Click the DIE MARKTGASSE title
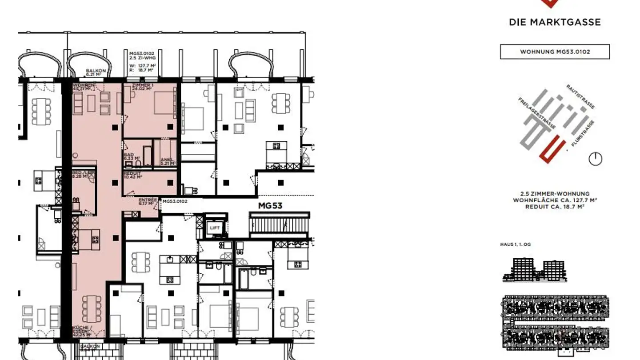(555, 22)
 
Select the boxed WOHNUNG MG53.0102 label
(555, 52)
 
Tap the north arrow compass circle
(595, 159)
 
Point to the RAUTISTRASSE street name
(580, 96)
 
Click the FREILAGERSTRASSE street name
(536, 113)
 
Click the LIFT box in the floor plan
(215, 228)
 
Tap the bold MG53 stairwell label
(270, 206)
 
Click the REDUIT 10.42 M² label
(133, 175)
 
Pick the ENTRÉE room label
(148, 202)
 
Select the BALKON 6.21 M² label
(96, 73)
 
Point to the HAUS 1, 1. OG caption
(515, 244)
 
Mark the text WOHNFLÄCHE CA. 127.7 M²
(555, 200)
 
